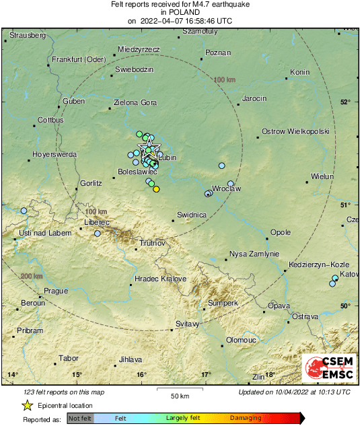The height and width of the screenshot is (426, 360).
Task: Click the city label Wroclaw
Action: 226,189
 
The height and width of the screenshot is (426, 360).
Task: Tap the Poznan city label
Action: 217,52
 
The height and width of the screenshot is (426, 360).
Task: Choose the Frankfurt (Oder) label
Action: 79,59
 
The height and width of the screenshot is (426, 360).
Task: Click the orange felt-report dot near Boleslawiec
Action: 156,189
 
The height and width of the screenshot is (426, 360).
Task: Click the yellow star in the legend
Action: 28,406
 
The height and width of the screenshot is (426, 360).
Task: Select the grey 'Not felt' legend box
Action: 80,419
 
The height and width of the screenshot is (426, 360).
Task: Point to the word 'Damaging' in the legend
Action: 246,419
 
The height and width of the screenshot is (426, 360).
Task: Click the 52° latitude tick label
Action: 345,102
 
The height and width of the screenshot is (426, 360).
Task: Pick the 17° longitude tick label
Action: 206,374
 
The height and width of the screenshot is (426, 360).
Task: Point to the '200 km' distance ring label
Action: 31,277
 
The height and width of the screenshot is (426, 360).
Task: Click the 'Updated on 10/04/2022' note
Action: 294,391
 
